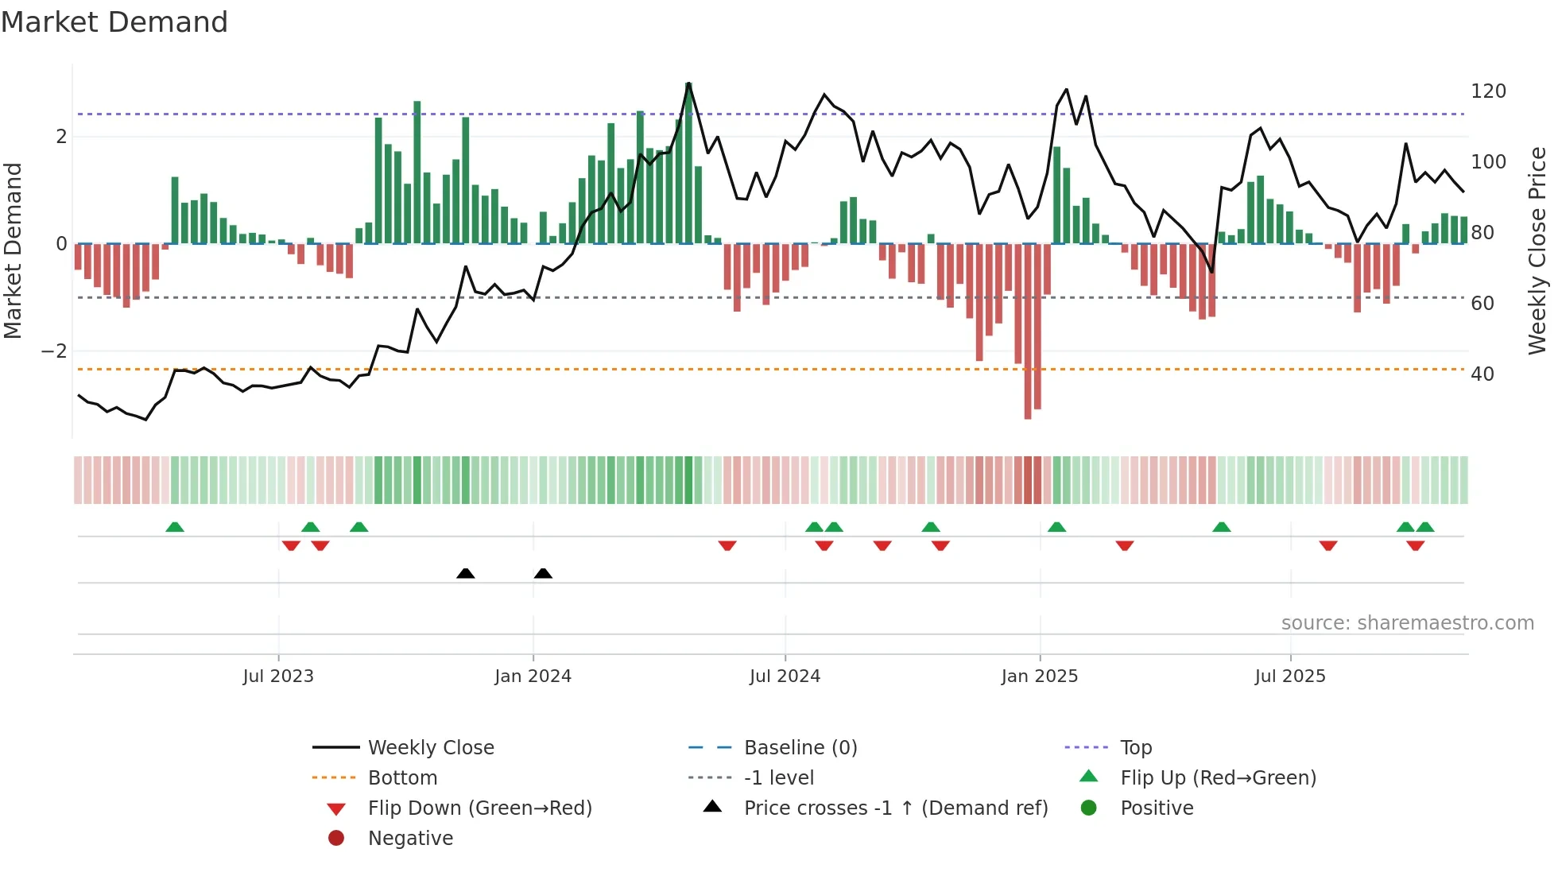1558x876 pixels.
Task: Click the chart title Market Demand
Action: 114,22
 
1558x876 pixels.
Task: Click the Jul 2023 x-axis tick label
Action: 278,676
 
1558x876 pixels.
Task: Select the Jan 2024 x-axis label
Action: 533,676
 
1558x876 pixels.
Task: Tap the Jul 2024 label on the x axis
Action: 785,676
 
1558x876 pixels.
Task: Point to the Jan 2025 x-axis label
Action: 1039,676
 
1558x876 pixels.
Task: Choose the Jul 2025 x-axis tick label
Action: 1290,676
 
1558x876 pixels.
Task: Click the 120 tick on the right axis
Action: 1488,91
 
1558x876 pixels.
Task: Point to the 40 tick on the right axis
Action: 1482,374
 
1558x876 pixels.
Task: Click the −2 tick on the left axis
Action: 54,351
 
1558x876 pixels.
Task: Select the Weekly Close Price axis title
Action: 1537,250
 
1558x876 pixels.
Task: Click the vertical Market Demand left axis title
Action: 14,250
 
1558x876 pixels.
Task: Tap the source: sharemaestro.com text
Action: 1407,623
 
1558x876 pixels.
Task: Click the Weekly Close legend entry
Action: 430,748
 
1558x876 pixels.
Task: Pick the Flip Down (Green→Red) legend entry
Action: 479,808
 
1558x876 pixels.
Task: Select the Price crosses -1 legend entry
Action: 895,808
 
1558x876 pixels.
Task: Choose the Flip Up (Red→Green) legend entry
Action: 1218,778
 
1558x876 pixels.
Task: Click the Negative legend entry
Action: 410,839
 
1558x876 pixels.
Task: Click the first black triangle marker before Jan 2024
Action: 466,573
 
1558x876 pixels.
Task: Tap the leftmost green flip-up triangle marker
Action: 175,527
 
